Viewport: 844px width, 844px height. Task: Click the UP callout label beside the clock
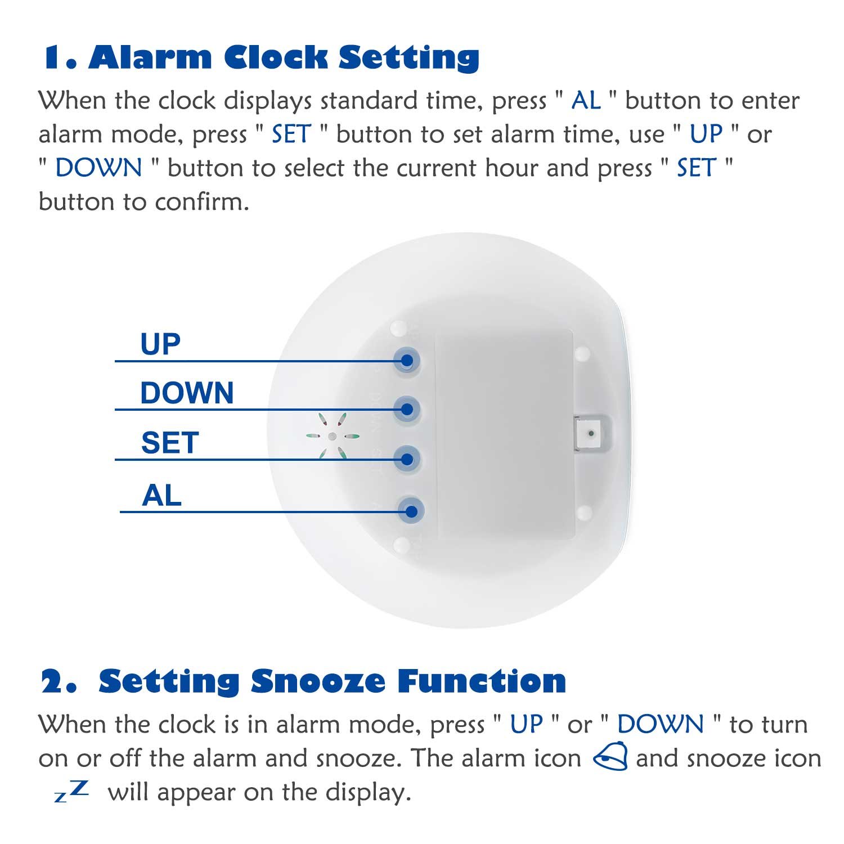160,344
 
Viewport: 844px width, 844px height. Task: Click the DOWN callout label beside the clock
187,393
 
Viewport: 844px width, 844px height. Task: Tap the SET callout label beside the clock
170,443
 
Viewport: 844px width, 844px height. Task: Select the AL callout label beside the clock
162,496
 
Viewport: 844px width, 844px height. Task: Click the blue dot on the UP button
407,361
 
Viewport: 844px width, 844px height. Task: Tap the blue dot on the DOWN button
407,409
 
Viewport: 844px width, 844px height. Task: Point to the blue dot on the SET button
408,459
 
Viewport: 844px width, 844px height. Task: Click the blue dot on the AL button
411,511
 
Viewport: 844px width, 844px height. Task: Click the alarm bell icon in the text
611,756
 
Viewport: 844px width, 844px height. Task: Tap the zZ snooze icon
71,791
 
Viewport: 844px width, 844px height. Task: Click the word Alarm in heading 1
150,57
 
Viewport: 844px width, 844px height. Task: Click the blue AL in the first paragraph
586,101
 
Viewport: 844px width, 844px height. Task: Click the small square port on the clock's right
590,434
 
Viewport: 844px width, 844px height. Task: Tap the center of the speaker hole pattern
332,436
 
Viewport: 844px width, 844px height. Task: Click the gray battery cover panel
504,433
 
